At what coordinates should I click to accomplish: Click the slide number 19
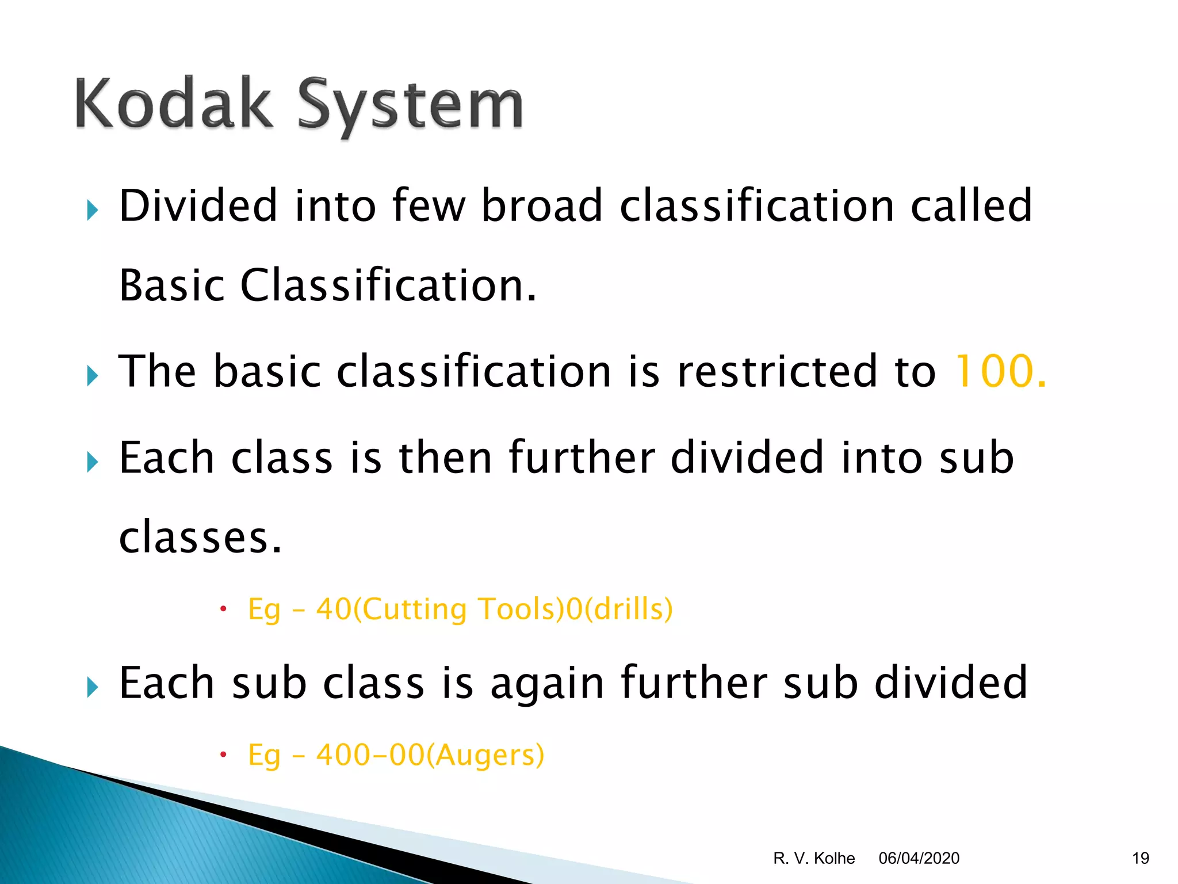pyautogui.click(x=1140, y=858)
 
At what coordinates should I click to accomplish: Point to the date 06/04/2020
pyautogui.click(x=919, y=858)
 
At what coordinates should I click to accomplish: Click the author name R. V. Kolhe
pyautogui.click(x=814, y=858)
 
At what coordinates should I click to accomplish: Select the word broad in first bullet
pyautogui.click(x=541, y=205)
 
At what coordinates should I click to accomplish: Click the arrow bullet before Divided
pyautogui.click(x=93, y=211)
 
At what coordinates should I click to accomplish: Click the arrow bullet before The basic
pyautogui.click(x=93, y=376)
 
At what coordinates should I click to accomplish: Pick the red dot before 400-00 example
pyautogui.click(x=224, y=755)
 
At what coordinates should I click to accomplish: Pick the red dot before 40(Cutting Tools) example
pyautogui.click(x=224, y=609)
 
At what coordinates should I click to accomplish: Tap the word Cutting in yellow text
pyautogui.click(x=415, y=609)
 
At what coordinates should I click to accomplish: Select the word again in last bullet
pyautogui.click(x=547, y=683)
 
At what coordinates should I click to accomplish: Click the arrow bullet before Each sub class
pyautogui.click(x=93, y=687)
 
